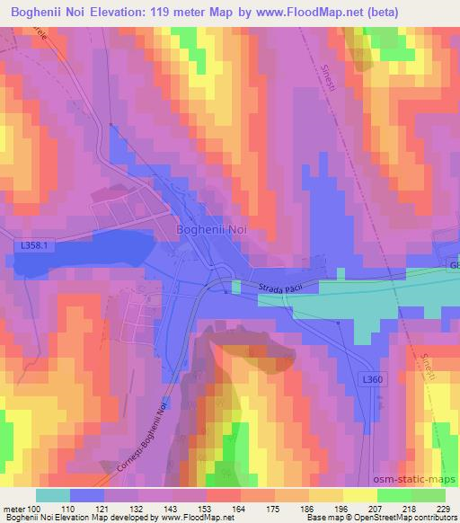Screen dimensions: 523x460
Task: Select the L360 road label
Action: [x=375, y=380]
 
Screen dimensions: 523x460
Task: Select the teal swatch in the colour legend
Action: [x=53, y=495]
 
